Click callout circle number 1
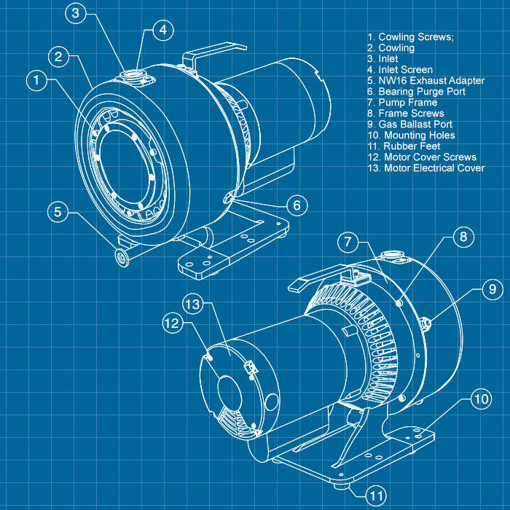pos(37,79)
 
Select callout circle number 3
pos(78,12)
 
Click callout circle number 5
pos(59,212)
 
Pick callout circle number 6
pos(297,205)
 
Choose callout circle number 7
pos(349,241)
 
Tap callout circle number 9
pos(491,289)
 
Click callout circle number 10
pos(480,399)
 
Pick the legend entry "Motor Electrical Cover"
pos(425,168)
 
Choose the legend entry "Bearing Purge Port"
pos(416,92)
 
